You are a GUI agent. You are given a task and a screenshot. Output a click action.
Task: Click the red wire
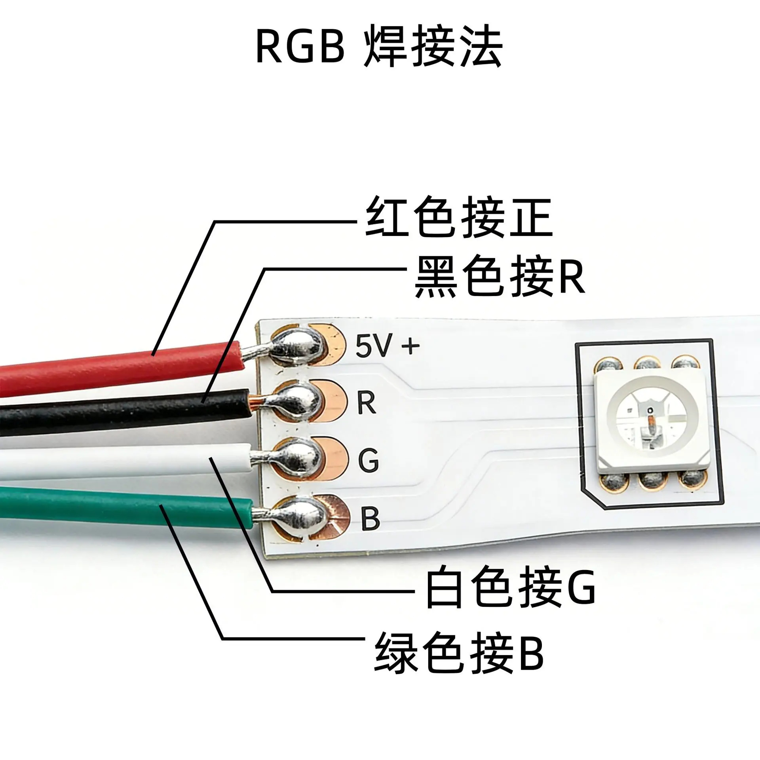click(x=121, y=361)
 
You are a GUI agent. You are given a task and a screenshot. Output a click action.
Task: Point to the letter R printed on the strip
click(x=366, y=403)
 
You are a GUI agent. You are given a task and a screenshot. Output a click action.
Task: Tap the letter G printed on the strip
click(x=368, y=460)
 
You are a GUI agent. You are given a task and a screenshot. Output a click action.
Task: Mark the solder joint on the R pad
click(x=299, y=403)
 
